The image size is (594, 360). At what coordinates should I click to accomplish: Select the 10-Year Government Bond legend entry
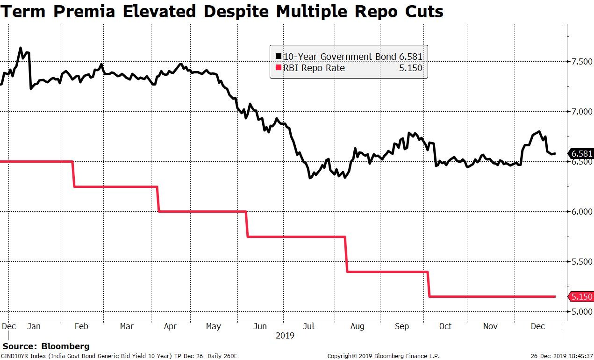tap(349, 57)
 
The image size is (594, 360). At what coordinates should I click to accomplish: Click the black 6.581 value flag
tap(581, 154)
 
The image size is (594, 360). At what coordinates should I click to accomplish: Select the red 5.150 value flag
tap(581, 297)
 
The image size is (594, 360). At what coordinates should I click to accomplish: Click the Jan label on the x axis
tap(34, 326)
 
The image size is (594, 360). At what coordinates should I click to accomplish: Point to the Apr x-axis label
tap(170, 326)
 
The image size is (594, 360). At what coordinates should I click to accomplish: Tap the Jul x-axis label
tap(308, 326)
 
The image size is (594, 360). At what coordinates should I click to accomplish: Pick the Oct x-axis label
tap(445, 326)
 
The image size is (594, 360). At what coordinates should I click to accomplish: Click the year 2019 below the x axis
tap(285, 335)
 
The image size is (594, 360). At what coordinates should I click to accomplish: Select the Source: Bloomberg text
tap(46, 346)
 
